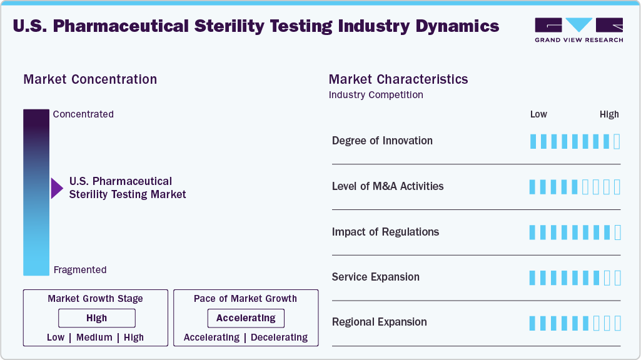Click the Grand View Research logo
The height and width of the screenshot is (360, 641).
click(x=578, y=29)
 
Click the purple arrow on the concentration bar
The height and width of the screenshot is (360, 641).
click(x=57, y=188)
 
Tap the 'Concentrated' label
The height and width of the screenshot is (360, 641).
click(x=83, y=114)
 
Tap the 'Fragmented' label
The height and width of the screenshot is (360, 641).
click(x=80, y=270)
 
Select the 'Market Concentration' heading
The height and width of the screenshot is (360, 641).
click(x=90, y=79)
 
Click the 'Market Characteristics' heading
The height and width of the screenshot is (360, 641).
click(x=398, y=79)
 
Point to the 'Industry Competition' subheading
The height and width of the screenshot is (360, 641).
click(x=376, y=95)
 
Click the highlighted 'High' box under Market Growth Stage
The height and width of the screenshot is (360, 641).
click(x=97, y=318)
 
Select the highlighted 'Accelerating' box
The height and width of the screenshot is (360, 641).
click(x=246, y=318)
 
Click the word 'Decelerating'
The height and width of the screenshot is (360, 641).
click(x=279, y=337)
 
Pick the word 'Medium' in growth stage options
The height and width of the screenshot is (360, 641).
click(x=94, y=337)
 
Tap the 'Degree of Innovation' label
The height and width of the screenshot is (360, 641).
click(x=382, y=141)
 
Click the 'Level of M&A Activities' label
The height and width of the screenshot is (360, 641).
click(x=388, y=186)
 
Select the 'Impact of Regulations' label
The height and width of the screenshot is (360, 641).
click(x=385, y=232)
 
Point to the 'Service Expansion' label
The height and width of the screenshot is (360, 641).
click(x=376, y=277)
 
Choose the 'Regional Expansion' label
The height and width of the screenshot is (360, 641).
click(x=380, y=322)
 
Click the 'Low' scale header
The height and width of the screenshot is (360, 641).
click(x=538, y=114)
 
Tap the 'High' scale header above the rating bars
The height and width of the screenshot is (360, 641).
click(x=609, y=114)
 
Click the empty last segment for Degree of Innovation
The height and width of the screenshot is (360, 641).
click(x=617, y=141)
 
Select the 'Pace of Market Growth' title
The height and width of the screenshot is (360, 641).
click(x=245, y=299)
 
